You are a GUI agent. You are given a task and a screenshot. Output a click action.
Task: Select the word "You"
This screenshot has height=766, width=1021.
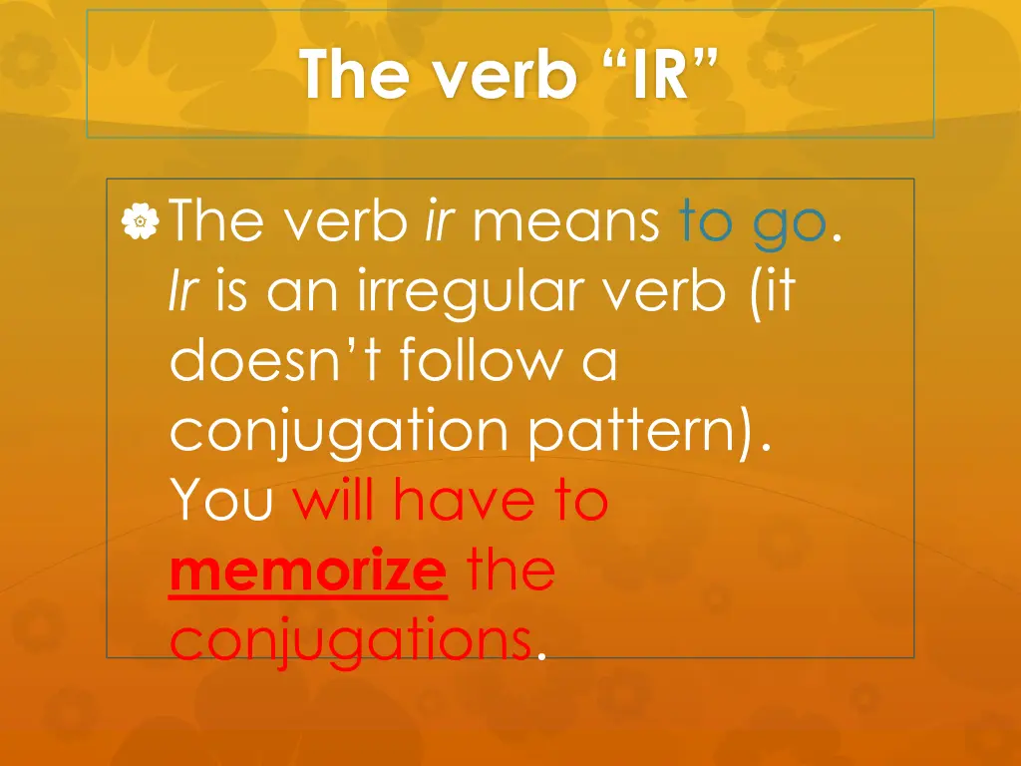[221, 501]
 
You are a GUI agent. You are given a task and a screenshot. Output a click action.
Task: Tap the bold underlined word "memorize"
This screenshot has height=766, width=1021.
[307, 572]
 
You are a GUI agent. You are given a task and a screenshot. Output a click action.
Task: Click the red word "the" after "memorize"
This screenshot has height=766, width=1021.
[510, 572]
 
